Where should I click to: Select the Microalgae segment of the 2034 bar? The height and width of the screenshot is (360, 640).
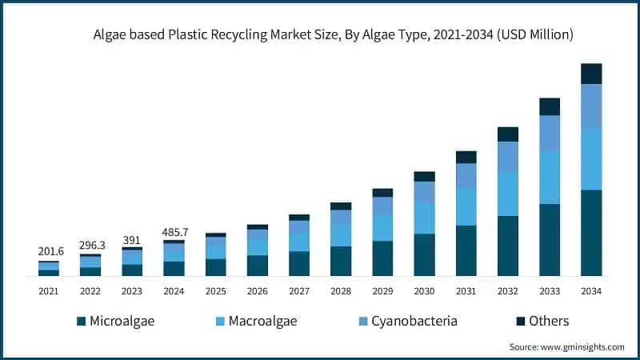point(591,233)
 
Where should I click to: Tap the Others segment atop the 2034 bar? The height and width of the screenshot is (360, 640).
point(591,74)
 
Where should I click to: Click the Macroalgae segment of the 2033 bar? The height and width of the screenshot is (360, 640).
point(550,178)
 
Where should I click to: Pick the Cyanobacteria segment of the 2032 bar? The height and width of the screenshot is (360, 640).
point(508,157)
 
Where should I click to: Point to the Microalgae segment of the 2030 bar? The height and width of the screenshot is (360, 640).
point(425,254)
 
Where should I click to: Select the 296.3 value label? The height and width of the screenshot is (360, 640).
point(90,244)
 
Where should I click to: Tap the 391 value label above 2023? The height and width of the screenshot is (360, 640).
point(132,238)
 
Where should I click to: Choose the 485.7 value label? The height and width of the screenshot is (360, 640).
point(174,231)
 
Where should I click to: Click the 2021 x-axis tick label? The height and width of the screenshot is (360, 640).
point(49,292)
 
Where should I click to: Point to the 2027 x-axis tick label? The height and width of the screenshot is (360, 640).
point(299,292)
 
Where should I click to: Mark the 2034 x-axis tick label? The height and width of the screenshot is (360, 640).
point(591,292)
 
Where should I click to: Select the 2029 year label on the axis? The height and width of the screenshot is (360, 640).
point(382,292)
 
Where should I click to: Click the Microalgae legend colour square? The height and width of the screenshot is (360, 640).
point(81,322)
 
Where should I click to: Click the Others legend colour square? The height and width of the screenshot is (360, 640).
point(521,322)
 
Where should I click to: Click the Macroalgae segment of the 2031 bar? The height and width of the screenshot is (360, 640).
point(466,207)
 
